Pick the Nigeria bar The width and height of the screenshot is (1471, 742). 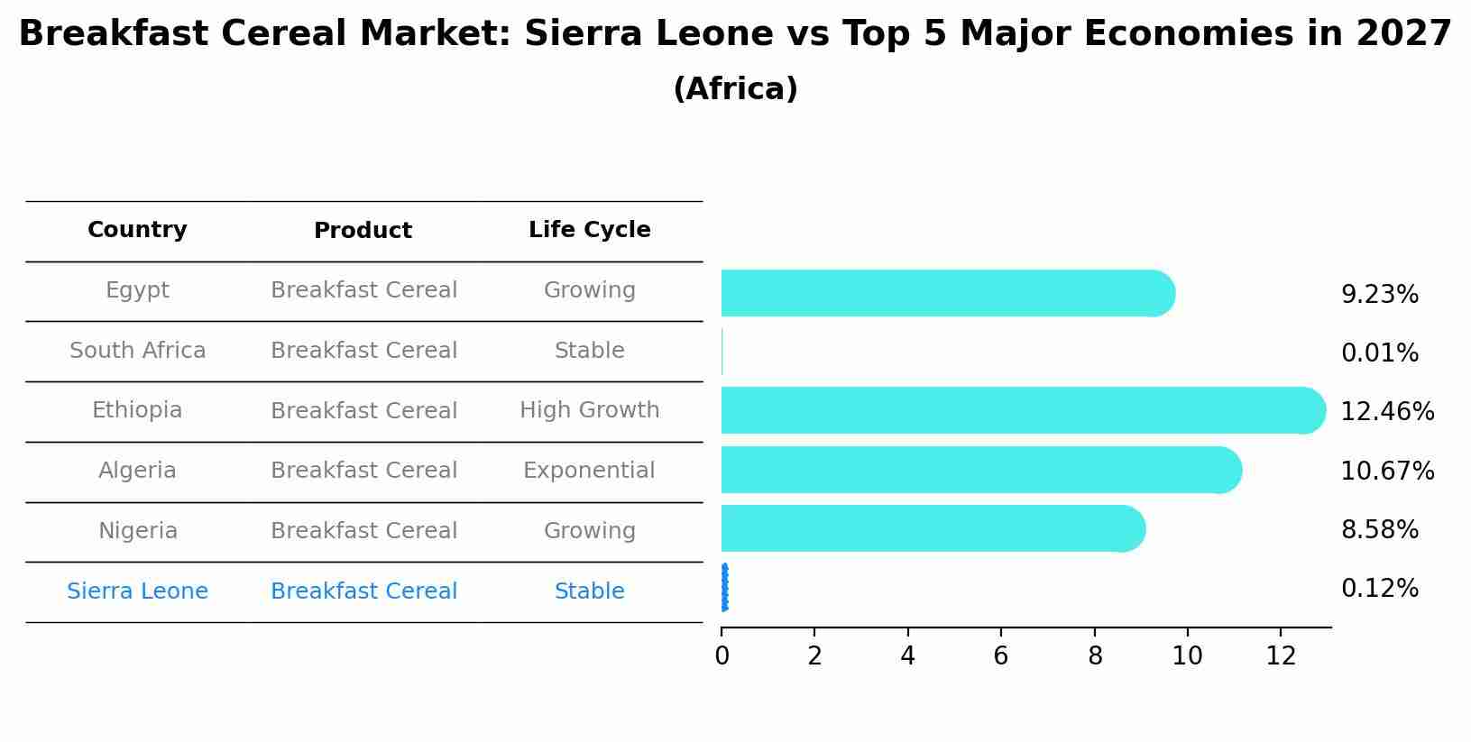(x=929, y=528)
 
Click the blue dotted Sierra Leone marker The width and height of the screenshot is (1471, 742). (x=725, y=588)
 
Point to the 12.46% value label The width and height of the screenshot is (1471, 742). (x=1386, y=412)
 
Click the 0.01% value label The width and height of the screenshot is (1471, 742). (x=1379, y=353)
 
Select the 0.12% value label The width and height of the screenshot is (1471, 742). (x=1379, y=589)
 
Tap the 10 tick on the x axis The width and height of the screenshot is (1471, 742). (x=1187, y=656)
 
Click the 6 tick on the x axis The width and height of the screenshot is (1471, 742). (x=1001, y=656)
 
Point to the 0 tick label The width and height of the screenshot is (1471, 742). (x=722, y=656)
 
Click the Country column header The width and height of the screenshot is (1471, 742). (x=137, y=230)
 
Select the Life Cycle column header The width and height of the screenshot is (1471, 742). (x=589, y=230)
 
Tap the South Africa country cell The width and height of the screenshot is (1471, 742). (x=137, y=351)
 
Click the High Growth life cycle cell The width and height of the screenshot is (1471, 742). (x=589, y=410)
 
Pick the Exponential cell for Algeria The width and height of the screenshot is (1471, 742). (x=589, y=471)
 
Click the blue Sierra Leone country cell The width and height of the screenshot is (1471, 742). (x=137, y=591)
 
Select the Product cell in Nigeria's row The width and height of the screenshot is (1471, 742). (x=363, y=531)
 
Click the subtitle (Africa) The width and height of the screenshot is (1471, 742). (x=735, y=89)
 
